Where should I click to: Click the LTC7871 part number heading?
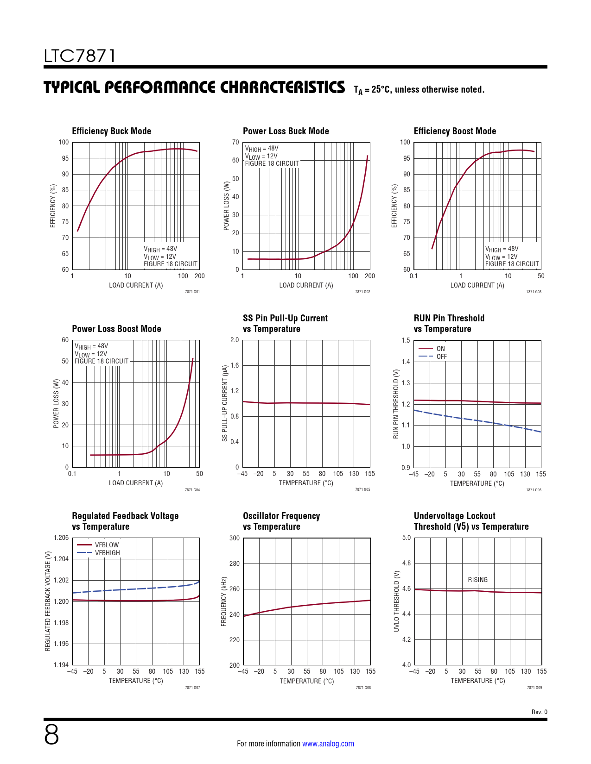[80, 56]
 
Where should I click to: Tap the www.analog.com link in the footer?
[328, 744]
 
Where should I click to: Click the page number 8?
[51, 735]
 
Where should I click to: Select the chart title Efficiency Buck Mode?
[111, 131]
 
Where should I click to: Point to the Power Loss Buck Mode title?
[286, 131]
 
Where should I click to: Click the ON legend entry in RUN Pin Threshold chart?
[440, 349]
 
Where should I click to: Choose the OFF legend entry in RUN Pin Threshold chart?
[441, 357]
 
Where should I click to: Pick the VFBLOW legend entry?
[107, 545]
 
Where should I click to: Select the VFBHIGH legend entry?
[107, 553]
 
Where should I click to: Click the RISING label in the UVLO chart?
[477, 580]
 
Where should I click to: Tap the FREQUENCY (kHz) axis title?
[224, 601]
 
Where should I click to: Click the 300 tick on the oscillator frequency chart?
[235, 538]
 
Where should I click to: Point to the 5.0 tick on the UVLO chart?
[406, 538]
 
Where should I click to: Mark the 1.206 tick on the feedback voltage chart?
[61, 538]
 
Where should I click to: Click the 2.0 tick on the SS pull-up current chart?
[235, 340]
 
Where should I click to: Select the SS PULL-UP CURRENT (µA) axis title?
[225, 403]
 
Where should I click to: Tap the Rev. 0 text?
[539, 712]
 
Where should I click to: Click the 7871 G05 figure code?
[362, 489]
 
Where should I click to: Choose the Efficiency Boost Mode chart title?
[455, 131]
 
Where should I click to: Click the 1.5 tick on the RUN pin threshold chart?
[406, 340]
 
